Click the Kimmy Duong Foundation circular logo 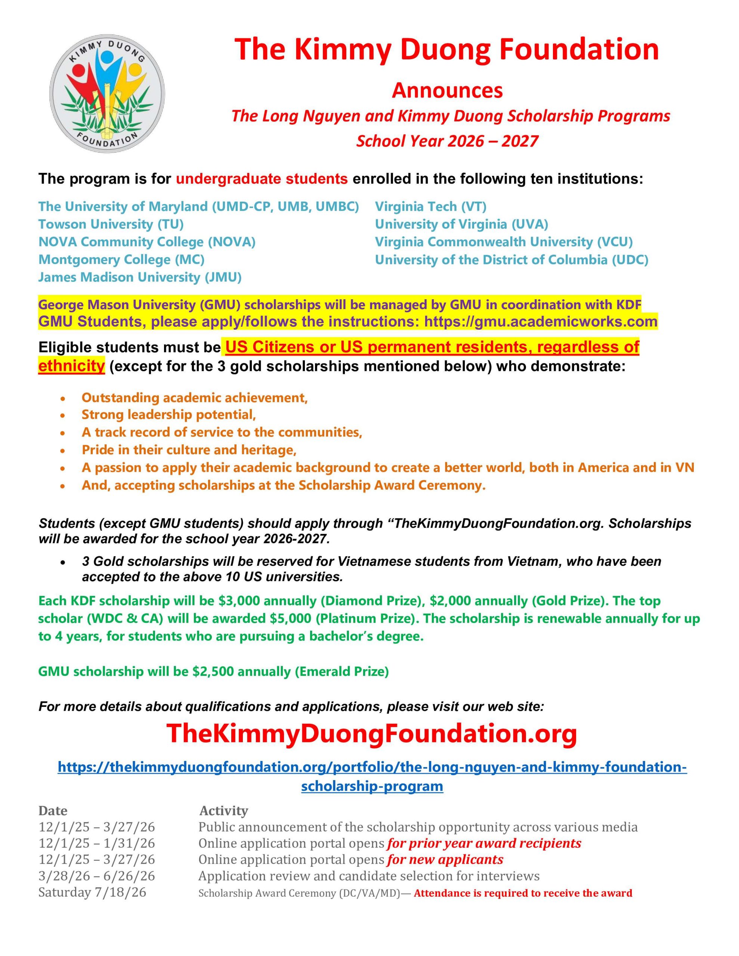pyautogui.click(x=107, y=94)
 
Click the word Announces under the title pyautogui.click(x=447, y=90)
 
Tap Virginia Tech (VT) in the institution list pyautogui.click(x=431, y=206)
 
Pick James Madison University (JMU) pyautogui.click(x=140, y=277)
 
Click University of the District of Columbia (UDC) pyautogui.click(x=511, y=260)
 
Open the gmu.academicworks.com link pyautogui.click(x=541, y=322)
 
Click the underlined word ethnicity pyautogui.click(x=71, y=366)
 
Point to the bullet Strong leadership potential pyautogui.click(x=168, y=414)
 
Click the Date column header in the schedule pyautogui.click(x=53, y=811)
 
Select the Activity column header pyautogui.click(x=223, y=811)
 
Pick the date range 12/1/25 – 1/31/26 pyautogui.click(x=97, y=843)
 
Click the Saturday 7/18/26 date pyautogui.click(x=92, y=892)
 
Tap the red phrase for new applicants pyautogui.click(x=445, y=859)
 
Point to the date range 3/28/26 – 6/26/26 pyautogui.click(x=97, y=876)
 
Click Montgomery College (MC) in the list pyautogui.click(x=121, y=260)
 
